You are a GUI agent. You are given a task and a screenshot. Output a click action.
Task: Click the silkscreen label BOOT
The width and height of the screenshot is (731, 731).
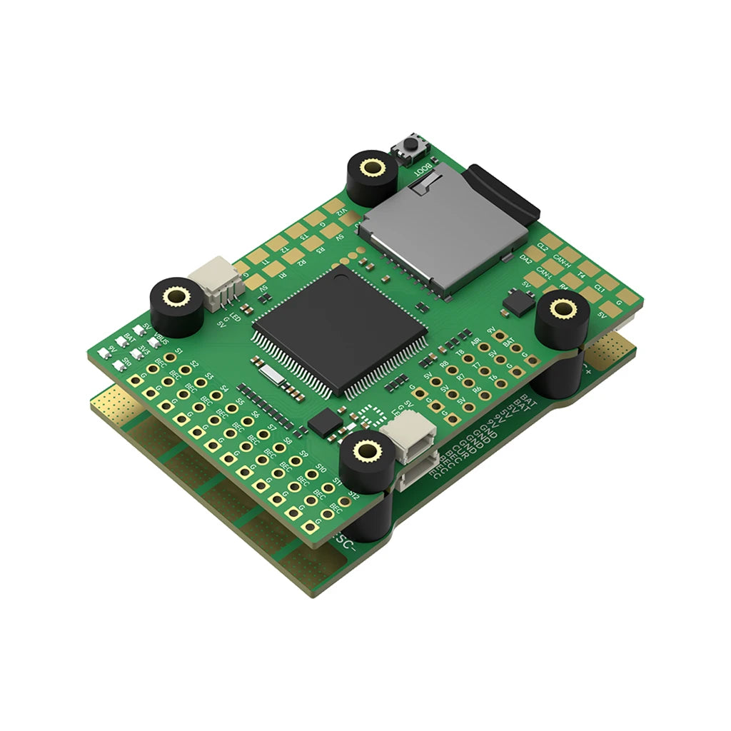(423, 169)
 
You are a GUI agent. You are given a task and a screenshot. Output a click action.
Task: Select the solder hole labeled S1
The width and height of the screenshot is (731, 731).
(170, 361)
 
